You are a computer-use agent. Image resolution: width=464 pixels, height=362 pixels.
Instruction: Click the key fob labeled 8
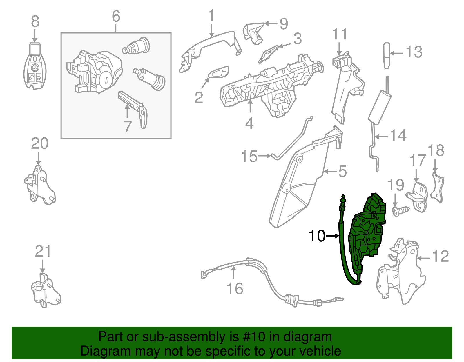pos(35,66)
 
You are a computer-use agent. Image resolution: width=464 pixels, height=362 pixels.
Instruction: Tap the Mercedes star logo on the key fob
pos(35,68)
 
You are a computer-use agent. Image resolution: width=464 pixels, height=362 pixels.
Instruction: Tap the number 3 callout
pos(297,39)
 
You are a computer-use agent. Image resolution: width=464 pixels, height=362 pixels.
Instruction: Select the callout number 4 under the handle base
pos(249,123)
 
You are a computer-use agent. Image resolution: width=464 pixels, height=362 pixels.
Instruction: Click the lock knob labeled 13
pos(387,55)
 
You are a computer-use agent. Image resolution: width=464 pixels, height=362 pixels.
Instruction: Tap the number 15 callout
pos(249,156)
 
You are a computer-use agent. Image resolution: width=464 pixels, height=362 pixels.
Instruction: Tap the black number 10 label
pos(317,236)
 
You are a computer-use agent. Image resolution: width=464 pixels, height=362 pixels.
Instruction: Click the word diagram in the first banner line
pos(308,337)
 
